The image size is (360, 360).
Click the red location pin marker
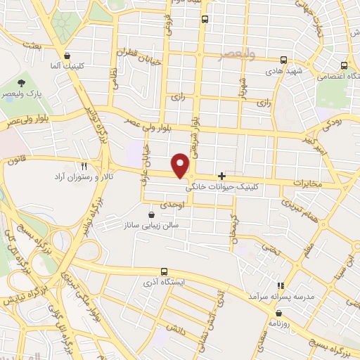(x=182, y=165)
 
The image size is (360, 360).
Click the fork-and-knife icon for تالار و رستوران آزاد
(x=84, y=166)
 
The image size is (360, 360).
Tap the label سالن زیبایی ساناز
(x=151, y=225)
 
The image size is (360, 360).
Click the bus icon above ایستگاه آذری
(x=164, y=271)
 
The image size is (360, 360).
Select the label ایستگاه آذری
(x=164, y=282)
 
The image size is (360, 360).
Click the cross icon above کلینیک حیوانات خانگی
(x=223, y=176)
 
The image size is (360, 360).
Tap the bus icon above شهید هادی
(x=284, y=60)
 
